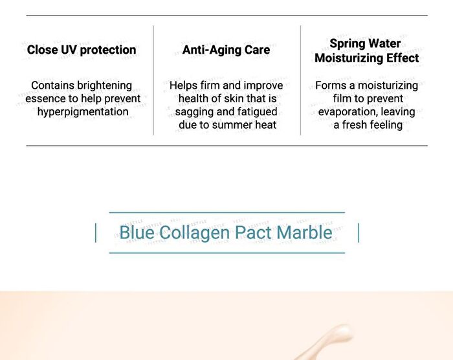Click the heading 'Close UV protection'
(82, 50)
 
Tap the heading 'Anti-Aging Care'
(226, 50)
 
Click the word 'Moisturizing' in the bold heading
(349, 58)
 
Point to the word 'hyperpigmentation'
(83, 112)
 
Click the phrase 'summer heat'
(245, 125)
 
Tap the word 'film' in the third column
(342, 98)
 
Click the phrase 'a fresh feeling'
(368, 125)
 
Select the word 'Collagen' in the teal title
(194, 232)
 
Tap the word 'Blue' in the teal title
(137, 232)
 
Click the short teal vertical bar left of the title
(96, 233)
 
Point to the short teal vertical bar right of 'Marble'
(359, 233)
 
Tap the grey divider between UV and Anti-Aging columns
(153, 80)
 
